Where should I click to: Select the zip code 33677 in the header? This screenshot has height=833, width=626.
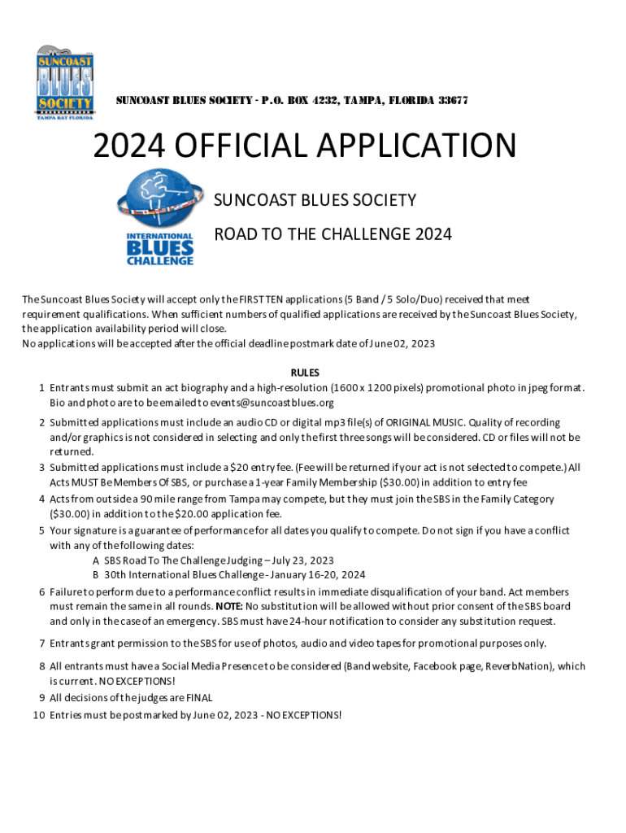click(453, 101)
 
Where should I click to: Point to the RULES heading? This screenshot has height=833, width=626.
click(313, 373)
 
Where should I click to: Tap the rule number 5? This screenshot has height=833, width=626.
click(41, 530)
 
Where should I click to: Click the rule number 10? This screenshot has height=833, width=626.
click(37, 715)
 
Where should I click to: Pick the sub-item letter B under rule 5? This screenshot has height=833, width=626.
click(96, 575)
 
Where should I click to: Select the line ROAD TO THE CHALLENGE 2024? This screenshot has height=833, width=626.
click(332, 234)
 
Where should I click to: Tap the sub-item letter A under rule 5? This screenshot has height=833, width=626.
click(96, 560)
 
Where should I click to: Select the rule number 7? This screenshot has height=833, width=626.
click(41, 643)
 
